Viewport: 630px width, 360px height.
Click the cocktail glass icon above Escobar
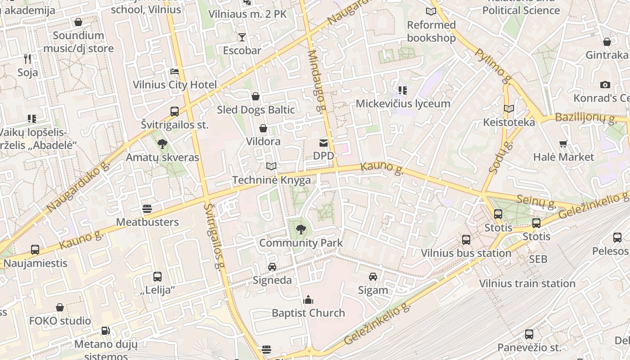pos(242,37)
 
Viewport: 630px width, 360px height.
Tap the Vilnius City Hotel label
pos(175,85)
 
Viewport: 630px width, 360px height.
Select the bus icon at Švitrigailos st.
pos(174,111)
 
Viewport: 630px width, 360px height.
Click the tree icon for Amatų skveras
pos(162,144)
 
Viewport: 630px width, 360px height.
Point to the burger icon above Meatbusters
pos(147,209)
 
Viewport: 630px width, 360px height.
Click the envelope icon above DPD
pos(324,143)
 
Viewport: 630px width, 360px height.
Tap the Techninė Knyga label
pos(271,180)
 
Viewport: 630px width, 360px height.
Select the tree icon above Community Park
pos(301,229)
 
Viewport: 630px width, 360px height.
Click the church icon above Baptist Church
pos(308,300)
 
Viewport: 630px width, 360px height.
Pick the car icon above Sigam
pos(373,277)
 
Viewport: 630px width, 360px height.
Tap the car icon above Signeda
pos(272,267)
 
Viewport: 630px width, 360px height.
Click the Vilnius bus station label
pos(466,253)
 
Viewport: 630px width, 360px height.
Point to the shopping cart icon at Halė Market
pos(563,144)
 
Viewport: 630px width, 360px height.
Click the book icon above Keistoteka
pos(509,109)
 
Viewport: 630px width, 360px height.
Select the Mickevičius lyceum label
pos(403,103)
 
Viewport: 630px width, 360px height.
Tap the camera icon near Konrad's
pos(605,85)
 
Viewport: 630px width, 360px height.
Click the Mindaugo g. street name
pos(316,81)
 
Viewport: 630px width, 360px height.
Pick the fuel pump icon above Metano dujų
pos(105,331)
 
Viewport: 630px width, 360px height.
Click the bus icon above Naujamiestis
pos(35,249)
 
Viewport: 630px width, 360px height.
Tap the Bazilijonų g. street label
pos(585,118)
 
